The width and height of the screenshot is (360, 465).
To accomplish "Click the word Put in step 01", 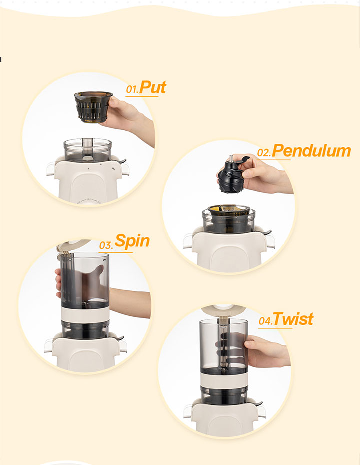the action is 152,87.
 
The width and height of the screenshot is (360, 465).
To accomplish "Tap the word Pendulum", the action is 311,151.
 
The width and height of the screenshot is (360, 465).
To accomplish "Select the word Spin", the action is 132,241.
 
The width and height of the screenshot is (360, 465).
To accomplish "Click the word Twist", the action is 293,319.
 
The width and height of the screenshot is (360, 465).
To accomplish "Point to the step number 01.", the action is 132,89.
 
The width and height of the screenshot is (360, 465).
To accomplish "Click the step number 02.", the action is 264,153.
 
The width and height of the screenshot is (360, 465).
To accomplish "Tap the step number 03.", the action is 106,246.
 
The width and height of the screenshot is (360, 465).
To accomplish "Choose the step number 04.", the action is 265,321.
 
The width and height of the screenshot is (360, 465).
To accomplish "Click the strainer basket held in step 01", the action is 93,107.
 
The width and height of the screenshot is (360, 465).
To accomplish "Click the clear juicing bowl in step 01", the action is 88,150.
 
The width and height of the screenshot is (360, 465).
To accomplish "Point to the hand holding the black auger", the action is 264,173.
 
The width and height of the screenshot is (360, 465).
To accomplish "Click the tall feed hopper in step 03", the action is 85,280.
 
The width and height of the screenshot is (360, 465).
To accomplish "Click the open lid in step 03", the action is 73,245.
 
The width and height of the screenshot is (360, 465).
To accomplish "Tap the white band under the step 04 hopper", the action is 224,380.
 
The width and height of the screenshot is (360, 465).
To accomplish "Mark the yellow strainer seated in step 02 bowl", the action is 229,210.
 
